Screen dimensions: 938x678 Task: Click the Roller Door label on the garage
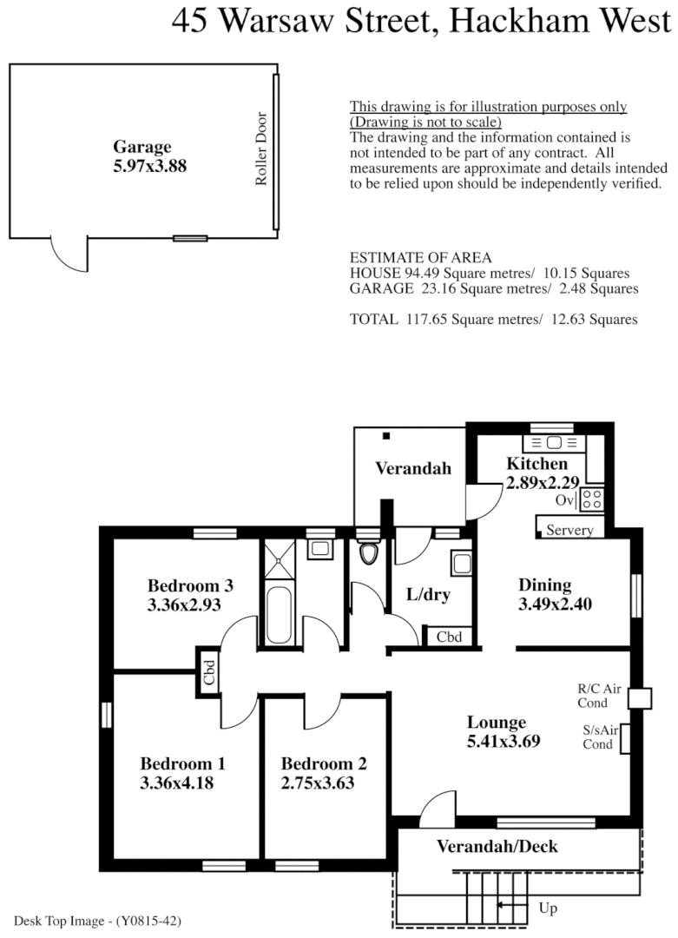[261, 149]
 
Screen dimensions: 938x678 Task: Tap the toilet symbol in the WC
[370, 553]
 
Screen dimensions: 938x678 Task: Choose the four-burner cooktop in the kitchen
[591, 499]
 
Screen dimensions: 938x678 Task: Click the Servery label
[570, 530]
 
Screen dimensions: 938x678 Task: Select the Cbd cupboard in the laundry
[449, 637]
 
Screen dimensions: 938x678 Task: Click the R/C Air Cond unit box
[639, 699]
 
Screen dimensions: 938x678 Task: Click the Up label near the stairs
[548, 908]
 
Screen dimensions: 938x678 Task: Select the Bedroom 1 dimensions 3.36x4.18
[176, 783]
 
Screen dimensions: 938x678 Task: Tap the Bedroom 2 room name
[324, 764]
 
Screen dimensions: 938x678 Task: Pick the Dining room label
[544, 585]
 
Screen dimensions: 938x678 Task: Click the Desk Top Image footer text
[97, 920]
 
